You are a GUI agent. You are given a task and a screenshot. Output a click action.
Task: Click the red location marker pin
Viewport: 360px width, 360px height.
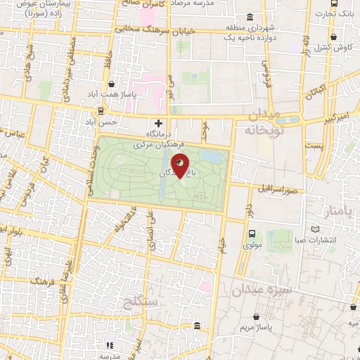(181, 166)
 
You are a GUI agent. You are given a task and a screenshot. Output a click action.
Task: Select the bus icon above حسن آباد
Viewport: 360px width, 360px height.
(102, 111)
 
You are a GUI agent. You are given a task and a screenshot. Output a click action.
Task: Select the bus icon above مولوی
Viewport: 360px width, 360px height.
(252, 234)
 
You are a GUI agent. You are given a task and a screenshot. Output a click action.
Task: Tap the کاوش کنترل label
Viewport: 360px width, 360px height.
(342, 46)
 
